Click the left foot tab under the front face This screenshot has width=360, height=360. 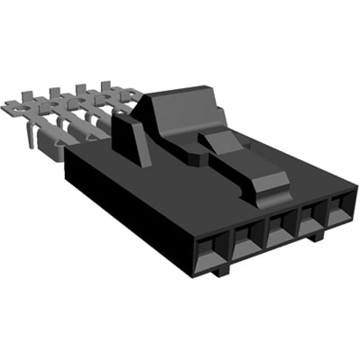(x=222, y=267)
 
